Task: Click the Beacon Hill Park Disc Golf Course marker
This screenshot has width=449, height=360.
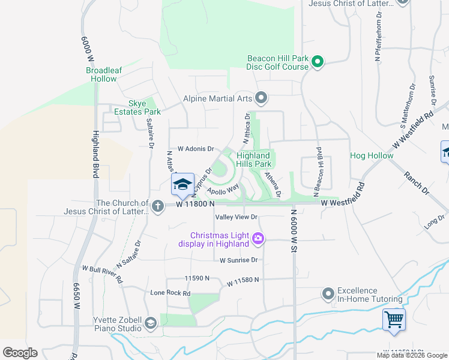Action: [x=318, y=61]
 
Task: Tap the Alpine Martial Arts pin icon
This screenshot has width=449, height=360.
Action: [x=261, y=97]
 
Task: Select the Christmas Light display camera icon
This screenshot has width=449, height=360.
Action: [x=258, y=239]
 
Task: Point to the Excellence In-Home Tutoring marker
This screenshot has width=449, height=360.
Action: [x=328, y=294]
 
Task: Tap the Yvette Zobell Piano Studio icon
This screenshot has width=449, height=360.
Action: [x=149, y=324]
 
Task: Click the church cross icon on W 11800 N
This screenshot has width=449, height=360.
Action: [x=157, y=206]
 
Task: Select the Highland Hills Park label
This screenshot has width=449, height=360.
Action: [x=253, y=160]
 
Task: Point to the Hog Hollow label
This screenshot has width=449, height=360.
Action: [x=372, y=156]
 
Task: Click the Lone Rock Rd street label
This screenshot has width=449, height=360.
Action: [x=170, y=293]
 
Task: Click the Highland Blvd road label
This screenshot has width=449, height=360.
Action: [x=95, y=154]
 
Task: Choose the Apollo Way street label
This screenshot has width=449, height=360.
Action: [x=222, y=189]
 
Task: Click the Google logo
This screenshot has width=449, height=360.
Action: [x=20, y=353]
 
